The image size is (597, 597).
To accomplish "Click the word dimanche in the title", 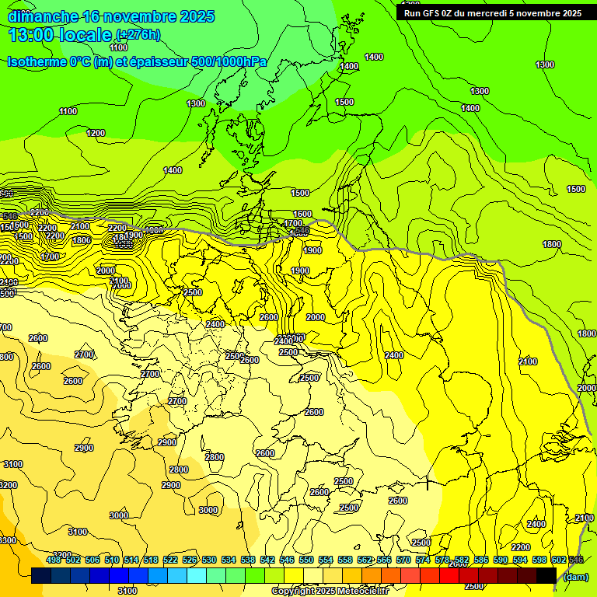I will [43, 16].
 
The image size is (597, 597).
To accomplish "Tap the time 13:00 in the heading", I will [32, 35].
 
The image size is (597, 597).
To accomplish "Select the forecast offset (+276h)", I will [138, 35].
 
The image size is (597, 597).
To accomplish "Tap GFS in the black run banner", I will [434, 13].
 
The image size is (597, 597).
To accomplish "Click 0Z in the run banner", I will [453, 13].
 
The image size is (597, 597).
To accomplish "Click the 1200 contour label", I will [96, 133].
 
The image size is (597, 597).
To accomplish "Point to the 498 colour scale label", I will [54, 560].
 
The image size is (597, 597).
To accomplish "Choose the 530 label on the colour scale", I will [209, 560].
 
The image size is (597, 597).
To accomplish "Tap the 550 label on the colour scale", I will [306, 560].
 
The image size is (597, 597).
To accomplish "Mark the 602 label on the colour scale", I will [559, 560].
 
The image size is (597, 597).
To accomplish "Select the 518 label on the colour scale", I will [151, 560].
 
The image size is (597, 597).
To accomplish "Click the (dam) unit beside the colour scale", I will [575, 577].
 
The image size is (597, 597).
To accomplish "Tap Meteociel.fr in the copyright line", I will [363, 592].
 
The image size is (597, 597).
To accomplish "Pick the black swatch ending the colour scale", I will [546, 576].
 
